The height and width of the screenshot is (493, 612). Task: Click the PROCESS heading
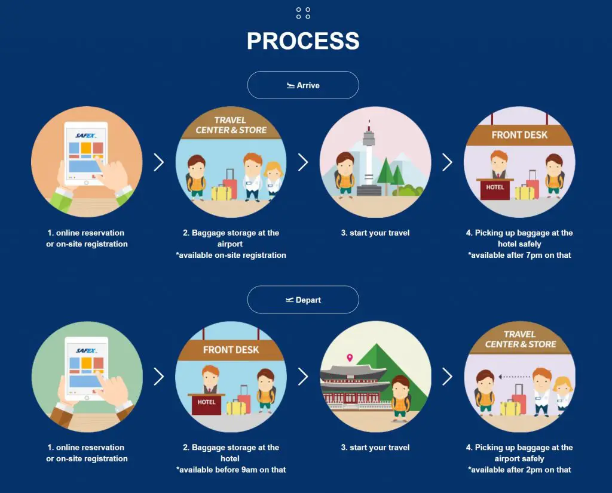pyautogui.click(x=303, y=41)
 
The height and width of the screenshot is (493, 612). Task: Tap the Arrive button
pyautogui.click(x=303, y=85)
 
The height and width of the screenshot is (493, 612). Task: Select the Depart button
pyautogui.click(x=303, y=300)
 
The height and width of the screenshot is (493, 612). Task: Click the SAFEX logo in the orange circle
pyautogui.click(x=85, y=135)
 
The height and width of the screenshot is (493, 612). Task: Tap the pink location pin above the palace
pyautogui.click(x=350, y=358)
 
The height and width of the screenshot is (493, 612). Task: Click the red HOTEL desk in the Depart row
pyautogui.click(x=206, y=403)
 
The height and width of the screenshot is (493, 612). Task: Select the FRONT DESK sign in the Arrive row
pyautogui.click(x=519, y=135)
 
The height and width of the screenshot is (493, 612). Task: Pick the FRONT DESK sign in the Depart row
pyautogui.click(x=231, y=350)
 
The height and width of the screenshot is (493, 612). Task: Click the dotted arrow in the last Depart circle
pyautogui.click(x=514, y=377)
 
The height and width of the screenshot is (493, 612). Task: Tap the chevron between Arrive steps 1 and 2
pyautogui.click(x=159, y=162)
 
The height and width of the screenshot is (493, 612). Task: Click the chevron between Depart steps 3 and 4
pyautogui.click(x=447, y=377)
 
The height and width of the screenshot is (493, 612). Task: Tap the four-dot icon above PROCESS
pyautogui.click(x=303, y=13)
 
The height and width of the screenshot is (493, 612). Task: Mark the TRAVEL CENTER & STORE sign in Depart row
pyautogui.click(x=521, y=339)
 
